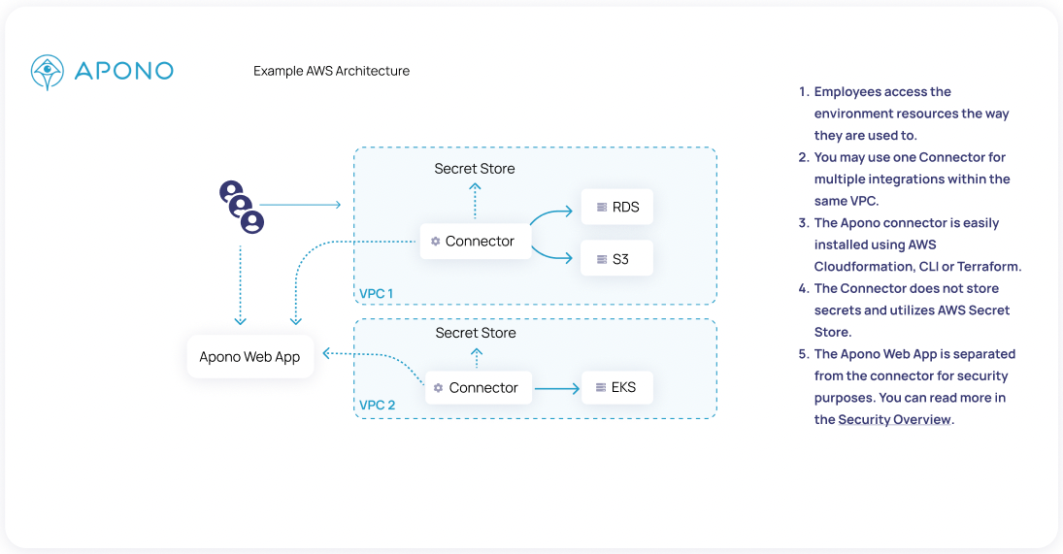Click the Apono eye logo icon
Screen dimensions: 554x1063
(x=48, y=72)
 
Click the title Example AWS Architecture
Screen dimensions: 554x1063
(x=331, y=71)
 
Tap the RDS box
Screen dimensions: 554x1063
(x=617, y=207)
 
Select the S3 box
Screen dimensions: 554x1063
(x=617, y=259)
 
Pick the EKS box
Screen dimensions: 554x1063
(x=617, y=387)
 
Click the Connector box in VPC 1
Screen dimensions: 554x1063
(x=476, y=241)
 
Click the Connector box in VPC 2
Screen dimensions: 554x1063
(x=479, y=387)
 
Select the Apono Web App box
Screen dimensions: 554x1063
(x=249, y=357)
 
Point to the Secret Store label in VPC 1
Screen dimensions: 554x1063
(x=475, y=169)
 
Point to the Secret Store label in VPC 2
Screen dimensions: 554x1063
(x=476, y=333)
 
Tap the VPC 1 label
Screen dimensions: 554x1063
(x=376, y=293)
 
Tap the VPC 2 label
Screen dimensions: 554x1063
(x=378, y=405)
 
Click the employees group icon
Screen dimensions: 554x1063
(x=242, y=207)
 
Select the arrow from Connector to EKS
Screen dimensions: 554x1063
(x=556, y=388)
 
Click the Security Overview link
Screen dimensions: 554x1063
(x=894, y=420)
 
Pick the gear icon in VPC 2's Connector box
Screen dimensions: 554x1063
(x=439, y=388)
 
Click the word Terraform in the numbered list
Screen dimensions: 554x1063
(x=988, y=267)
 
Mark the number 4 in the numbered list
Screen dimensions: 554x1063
(x=803, y=288)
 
